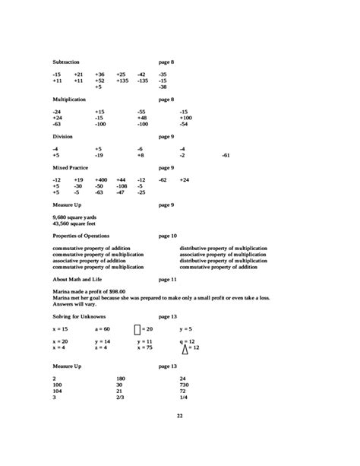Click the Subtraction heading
point(66,62)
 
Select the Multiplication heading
point(69,100)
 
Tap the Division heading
point(63,136)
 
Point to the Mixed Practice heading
point(71,167)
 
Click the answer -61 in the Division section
point(226,155)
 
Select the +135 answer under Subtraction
point(122,80)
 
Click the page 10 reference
point(167,236)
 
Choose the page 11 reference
point(167,280)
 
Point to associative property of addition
point(90,262)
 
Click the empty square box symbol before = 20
point(137,329)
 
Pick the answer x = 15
point(60,329)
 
